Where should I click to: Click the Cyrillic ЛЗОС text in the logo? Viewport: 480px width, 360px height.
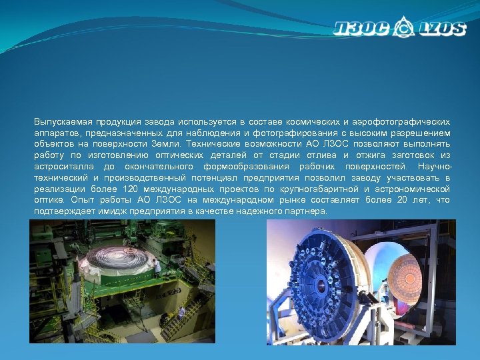click(363, 29)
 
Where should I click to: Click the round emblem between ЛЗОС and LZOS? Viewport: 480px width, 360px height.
click(403, 29)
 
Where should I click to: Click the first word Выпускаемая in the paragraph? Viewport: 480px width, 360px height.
click(63, 122)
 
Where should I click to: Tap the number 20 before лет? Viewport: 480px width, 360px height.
click(403, 199)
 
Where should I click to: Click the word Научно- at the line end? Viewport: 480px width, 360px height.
click(433, 166)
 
